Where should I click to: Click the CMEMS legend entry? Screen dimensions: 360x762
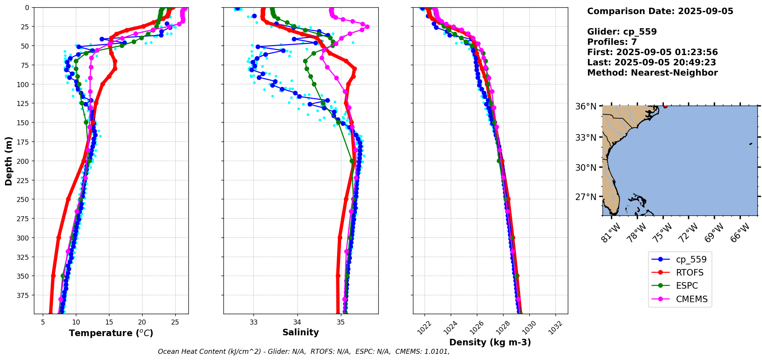click(x=692, y=299)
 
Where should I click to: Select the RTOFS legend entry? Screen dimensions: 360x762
click(x=689, y=273)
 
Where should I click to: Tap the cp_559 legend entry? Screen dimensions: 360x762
click(x=691, y=259)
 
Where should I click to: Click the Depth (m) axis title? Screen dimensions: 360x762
click(x=8, y=161)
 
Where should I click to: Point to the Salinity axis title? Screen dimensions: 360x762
click(x=300, y=332)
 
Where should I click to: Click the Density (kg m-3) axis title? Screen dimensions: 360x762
click(x=490, y=342)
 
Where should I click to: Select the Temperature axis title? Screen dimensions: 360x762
click(x=111, y=333)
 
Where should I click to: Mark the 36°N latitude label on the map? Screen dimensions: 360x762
click(x=586, y=106)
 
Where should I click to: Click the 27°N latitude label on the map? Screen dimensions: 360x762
click(x=586, y=197)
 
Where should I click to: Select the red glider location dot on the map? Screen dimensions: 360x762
click(x=665, y=106)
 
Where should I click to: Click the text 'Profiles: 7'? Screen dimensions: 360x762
click(x=612, y=42)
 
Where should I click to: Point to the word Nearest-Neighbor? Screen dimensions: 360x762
click(x=674, y=73)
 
